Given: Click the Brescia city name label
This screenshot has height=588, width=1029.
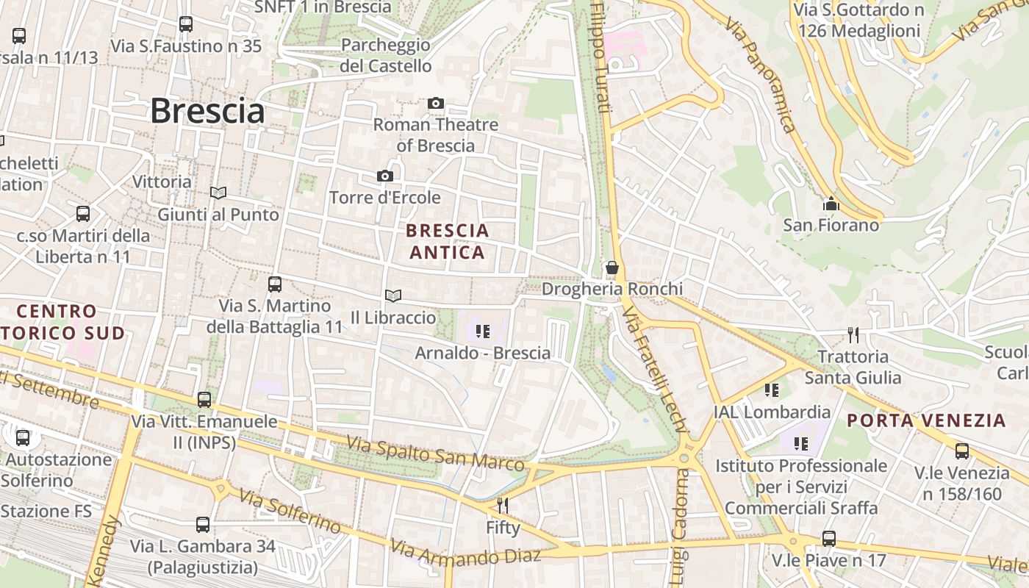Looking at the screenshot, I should point(207,112).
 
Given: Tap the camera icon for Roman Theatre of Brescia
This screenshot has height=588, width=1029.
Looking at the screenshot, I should point(436,104).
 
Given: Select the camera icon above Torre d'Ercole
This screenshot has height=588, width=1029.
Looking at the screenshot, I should point(384,176).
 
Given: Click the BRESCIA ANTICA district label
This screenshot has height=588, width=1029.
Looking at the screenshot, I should point(447,241).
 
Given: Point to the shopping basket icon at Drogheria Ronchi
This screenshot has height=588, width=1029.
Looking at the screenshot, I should point(612,268).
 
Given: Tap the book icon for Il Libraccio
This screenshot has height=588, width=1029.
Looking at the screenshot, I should point(393,295).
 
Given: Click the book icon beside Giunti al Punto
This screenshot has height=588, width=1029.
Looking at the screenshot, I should point(218,193).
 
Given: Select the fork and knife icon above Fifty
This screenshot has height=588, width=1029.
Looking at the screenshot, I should point(503,506).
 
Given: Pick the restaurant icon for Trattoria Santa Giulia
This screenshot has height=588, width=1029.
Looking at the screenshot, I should point(853,335).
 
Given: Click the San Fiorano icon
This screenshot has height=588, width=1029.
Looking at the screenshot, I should point(831,204).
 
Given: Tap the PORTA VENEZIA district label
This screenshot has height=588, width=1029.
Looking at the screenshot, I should point(925,420).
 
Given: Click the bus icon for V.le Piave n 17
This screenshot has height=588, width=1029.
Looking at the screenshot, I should point(828,539).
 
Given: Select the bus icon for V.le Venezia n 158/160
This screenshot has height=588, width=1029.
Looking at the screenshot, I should point(961,451).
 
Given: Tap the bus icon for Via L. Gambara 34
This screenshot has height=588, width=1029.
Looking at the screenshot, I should point(203,525).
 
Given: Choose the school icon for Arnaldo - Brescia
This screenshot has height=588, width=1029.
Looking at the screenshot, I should point(482,331).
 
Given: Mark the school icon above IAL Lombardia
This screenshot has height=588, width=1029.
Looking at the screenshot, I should point(771,390).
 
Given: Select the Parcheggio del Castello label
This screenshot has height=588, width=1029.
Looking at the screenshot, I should point(386,55).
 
